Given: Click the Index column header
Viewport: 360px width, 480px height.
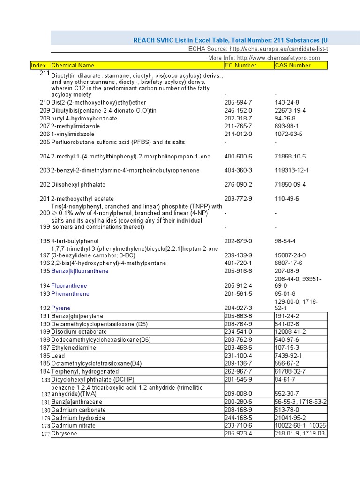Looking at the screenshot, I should [40, 66].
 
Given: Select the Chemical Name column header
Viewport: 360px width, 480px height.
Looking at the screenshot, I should [73, 66].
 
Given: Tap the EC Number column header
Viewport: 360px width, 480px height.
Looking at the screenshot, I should [240, 66].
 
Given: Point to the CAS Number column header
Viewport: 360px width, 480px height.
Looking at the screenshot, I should [292, 66].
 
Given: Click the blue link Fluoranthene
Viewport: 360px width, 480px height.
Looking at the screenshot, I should [69, 285].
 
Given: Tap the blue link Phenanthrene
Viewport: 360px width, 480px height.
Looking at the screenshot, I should [70, 293].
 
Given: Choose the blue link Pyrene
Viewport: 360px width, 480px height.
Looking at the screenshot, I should [61, 308].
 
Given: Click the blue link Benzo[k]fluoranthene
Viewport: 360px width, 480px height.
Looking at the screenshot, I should [80, 271].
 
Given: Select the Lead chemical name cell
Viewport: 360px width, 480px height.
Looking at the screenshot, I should [58, 356].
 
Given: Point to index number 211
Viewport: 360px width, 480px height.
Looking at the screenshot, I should [45, 73].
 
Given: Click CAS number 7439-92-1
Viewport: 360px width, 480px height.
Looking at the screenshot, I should [288, 356].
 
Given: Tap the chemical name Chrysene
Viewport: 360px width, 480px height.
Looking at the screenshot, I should [64, 434].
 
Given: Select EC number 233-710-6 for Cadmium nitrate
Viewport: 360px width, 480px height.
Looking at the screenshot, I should [238, 426].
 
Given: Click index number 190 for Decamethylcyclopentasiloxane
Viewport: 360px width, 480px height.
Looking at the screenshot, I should [45, 324].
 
